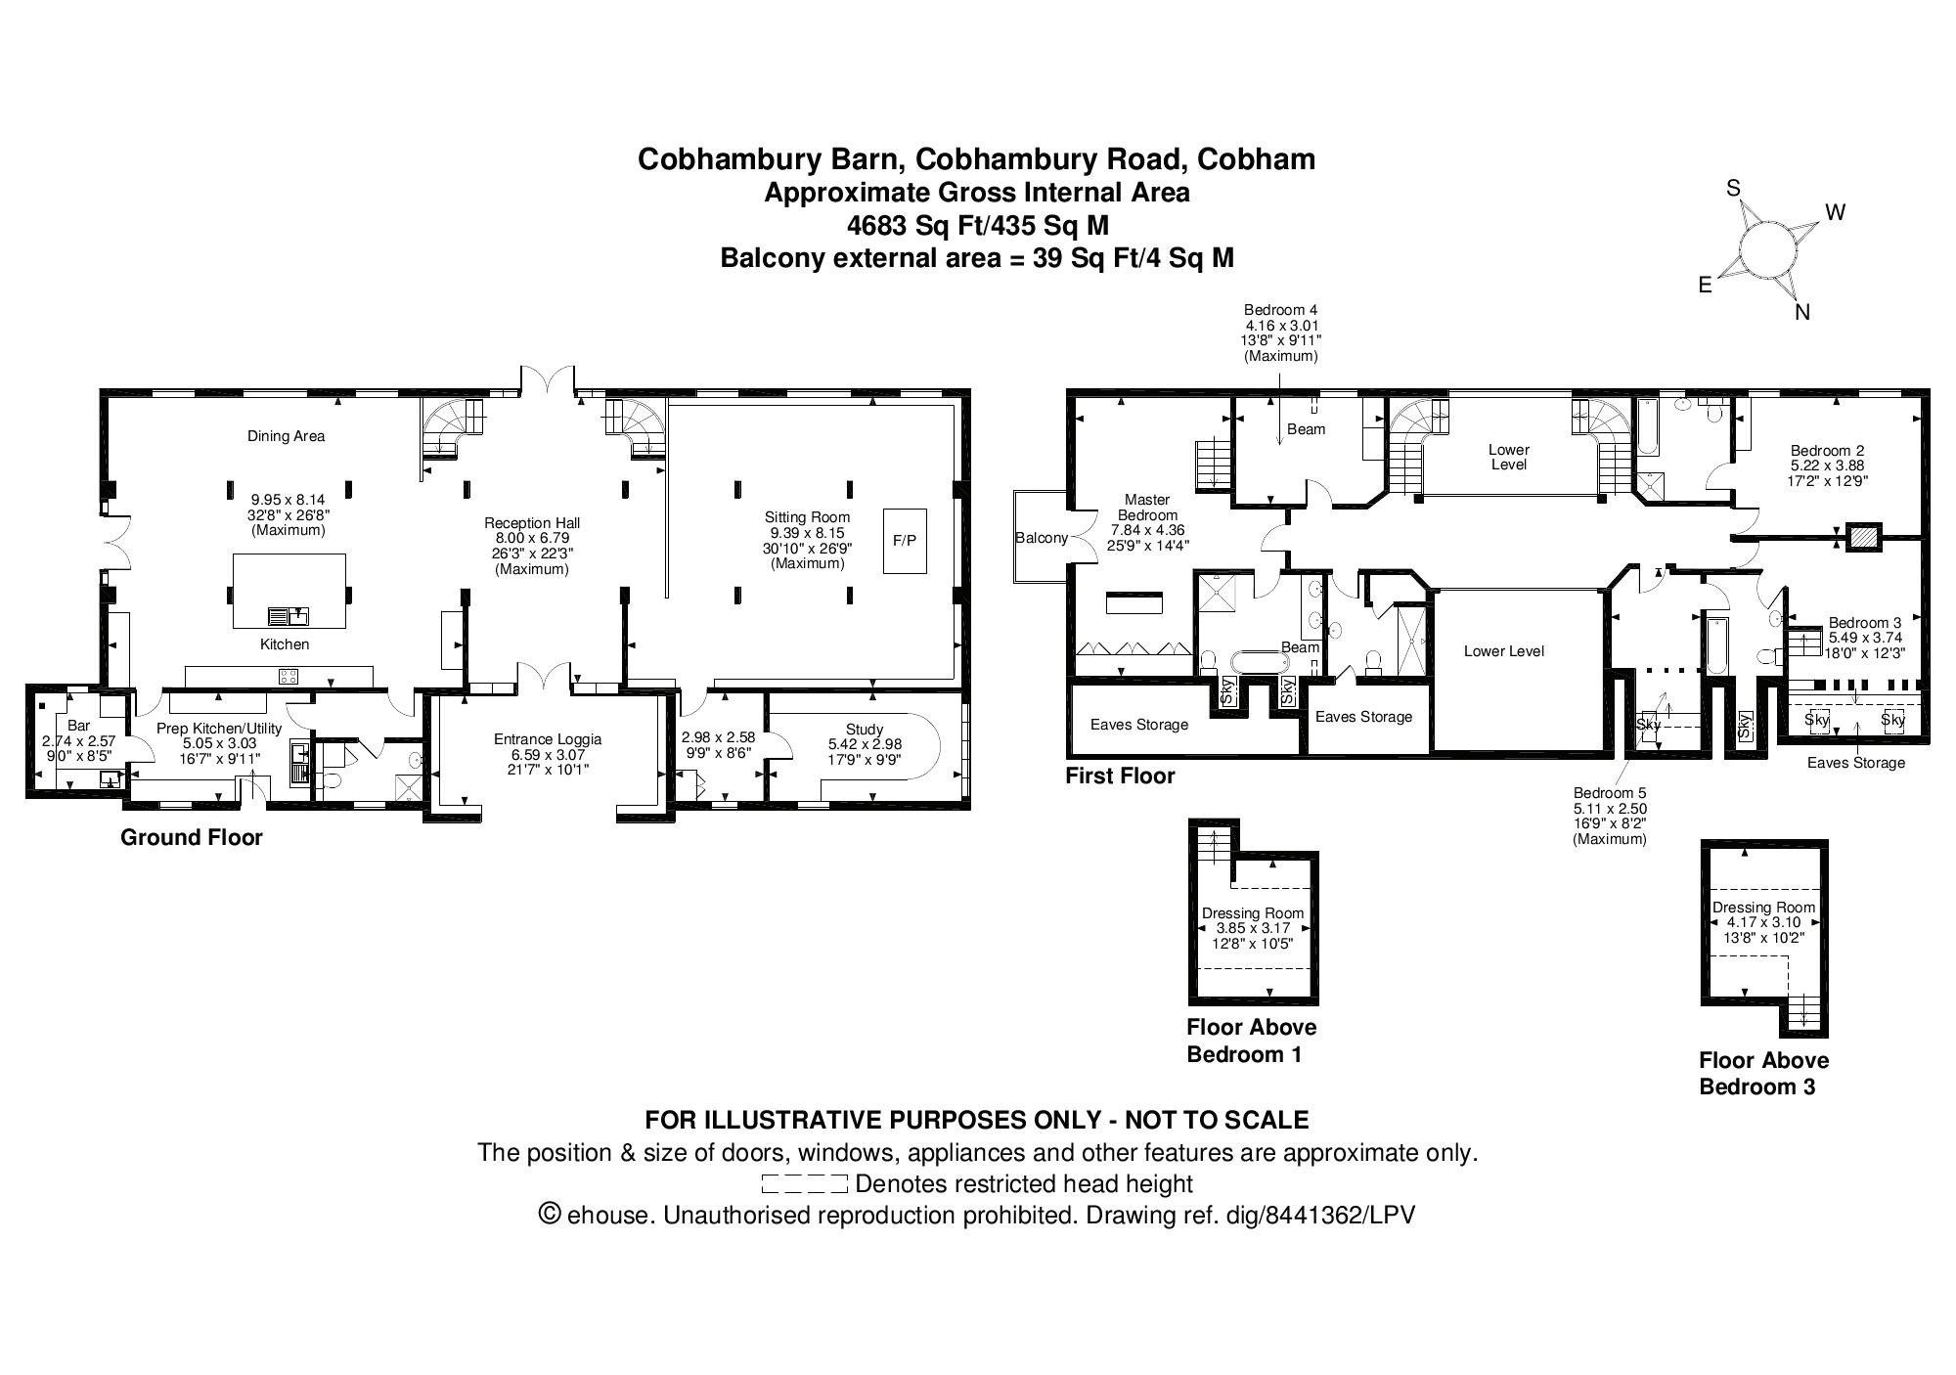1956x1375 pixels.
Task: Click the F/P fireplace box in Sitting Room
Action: point(906,540)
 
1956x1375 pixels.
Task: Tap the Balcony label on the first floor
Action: point(1041,538)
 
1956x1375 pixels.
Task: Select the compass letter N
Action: point(1802,312)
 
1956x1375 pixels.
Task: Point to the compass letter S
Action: point(1733,188)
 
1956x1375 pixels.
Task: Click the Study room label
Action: point(865,729)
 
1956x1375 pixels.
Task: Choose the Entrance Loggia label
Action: point(548,739)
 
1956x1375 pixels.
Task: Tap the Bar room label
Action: point(79,726)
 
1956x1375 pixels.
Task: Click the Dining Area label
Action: point(286,436)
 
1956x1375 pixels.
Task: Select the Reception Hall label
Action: point(532,523)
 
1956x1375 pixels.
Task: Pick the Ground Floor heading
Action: point(192,837)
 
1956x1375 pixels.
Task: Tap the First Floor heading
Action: point(1120,776)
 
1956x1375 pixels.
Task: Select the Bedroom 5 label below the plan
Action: point(1609,793)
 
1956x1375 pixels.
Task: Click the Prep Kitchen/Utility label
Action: point(219,729)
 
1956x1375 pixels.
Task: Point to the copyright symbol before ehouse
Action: point(550,1214)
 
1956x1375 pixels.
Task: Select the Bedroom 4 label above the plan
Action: point(1280,310)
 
